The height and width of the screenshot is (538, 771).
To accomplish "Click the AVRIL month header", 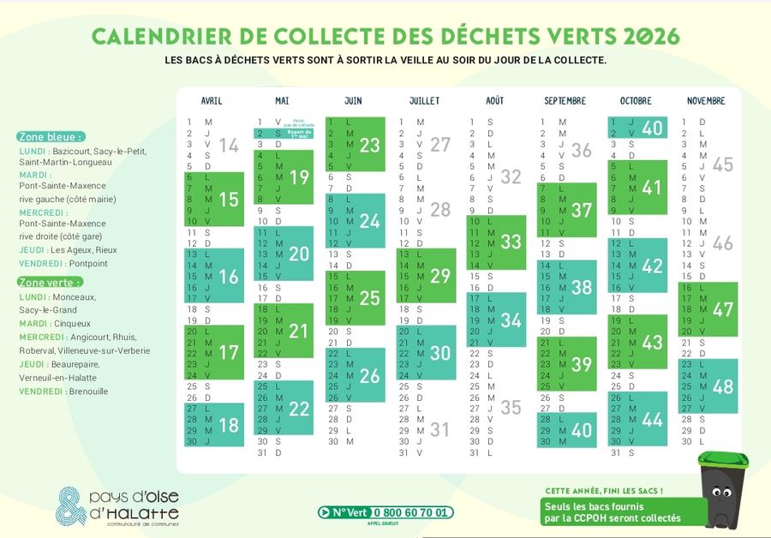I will (211, 101).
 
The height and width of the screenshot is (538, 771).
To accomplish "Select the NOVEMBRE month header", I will (706, 101).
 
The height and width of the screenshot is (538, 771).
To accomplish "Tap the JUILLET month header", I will (424, 101).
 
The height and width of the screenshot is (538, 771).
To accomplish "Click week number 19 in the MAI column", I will (299, 177).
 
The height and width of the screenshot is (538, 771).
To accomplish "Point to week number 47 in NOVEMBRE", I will (723, 309).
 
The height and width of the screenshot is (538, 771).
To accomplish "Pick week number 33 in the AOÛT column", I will (511, 242).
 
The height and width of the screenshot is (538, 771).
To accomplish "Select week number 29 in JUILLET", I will (440, 276).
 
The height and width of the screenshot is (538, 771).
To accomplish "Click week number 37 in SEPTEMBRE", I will (582, 210).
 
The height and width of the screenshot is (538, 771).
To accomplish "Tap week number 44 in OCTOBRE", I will (652, 419).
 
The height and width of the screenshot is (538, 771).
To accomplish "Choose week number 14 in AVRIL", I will (229, 145).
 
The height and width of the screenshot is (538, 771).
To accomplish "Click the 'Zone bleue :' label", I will (51, 137).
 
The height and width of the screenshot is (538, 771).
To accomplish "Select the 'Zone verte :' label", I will (51, 282).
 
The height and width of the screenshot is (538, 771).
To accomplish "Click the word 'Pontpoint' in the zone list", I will (88, 264).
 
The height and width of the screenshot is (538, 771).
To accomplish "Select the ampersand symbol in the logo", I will (71, 507).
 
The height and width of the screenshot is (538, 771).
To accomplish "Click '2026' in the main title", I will (652, 36).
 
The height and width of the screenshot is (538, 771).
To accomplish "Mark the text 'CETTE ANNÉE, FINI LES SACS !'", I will (604, 491).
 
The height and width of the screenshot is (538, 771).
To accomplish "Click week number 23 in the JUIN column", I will (369, 146).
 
